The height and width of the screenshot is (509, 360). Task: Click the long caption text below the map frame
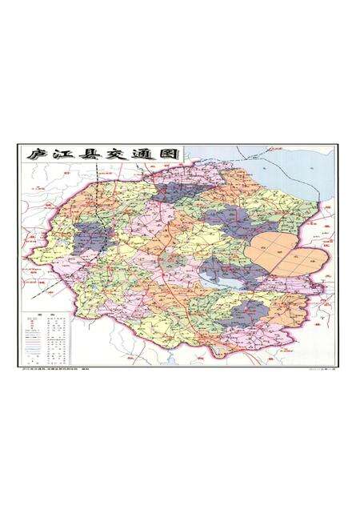[56, 370]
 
